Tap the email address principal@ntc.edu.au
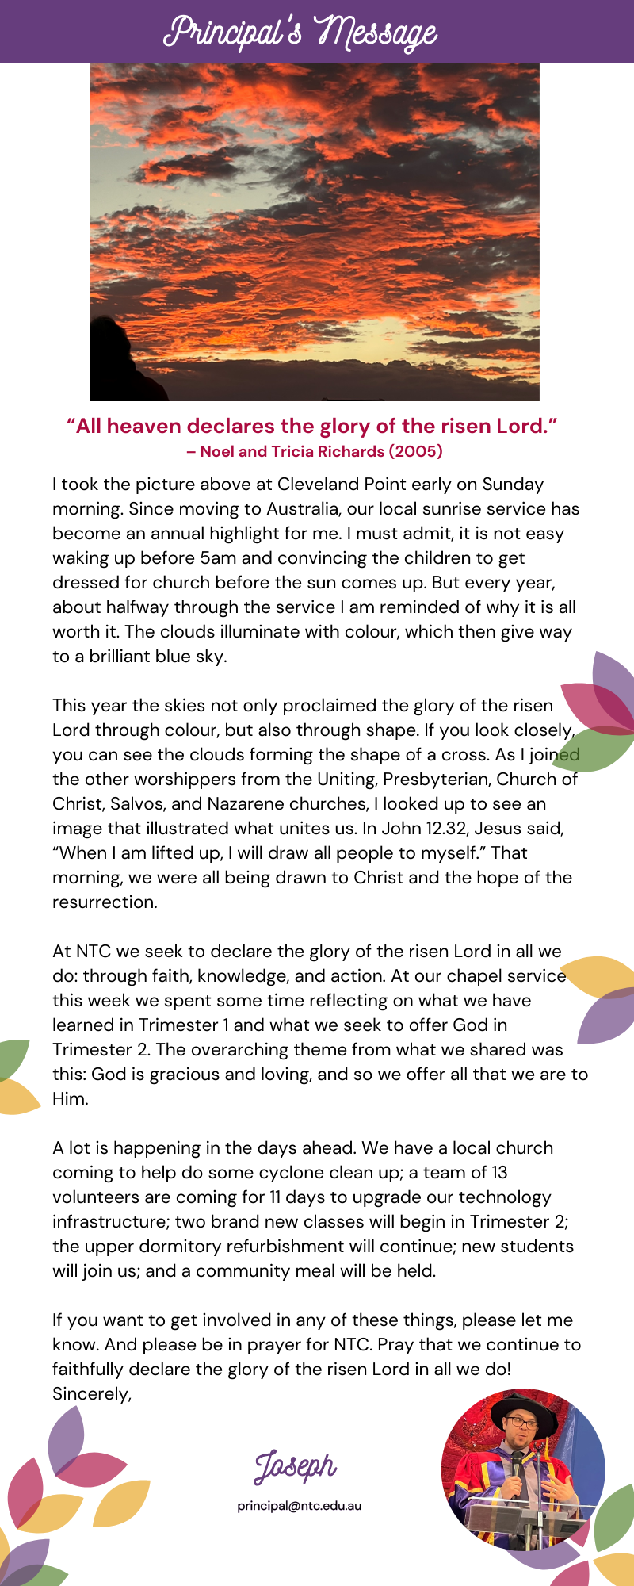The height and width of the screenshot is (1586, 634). coord(299,1505)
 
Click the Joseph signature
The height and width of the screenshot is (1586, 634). coord(295,1466)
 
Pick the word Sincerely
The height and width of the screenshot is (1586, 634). coord(91,1394)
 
